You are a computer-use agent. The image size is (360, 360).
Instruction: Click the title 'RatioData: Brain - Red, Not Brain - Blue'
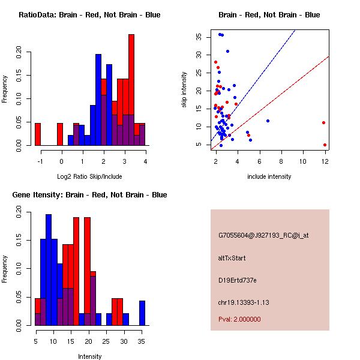(89, 15)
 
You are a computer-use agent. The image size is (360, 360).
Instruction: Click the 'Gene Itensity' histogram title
(89, 195)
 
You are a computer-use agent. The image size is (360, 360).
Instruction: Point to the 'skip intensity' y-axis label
(184, 90)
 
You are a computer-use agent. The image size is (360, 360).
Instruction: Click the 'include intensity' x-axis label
(269, 176)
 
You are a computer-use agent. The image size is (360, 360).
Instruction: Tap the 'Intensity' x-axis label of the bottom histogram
(90, 356)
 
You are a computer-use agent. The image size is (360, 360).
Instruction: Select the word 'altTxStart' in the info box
(232, 258)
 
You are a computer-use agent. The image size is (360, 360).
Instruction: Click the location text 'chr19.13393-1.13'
(244, 302)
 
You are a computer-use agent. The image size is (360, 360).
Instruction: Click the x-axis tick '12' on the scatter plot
(325, 161)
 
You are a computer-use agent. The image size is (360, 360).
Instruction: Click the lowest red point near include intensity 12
(325, 145)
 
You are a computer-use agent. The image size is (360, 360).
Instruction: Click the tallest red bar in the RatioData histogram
(131, 90)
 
